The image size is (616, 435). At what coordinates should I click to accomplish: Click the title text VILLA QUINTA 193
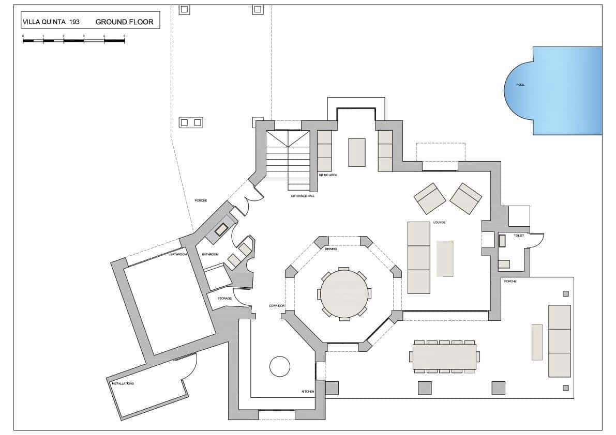[x=50, y=22]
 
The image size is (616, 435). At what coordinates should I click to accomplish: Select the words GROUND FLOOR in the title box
[x=124, y=22]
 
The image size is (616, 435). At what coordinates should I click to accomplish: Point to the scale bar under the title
[x=73, y=40]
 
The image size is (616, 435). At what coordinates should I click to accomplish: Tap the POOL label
[x=520, y=85]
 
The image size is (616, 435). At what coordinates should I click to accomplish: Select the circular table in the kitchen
[x=280, y=366]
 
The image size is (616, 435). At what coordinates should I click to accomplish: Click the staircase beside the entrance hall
[x=288, y=160]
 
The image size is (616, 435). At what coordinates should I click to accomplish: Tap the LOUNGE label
[x=439, y=223]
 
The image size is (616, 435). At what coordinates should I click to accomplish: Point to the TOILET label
[x=519, y=236]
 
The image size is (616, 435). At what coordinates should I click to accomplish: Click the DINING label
[x=331, y=249]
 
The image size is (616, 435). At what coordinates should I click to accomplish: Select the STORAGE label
[x=224, y=298]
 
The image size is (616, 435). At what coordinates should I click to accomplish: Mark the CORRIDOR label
[x=277, y=306]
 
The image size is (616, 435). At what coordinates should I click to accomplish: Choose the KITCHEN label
[x=308, y=392]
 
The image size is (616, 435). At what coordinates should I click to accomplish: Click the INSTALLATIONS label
[x=123, y=384]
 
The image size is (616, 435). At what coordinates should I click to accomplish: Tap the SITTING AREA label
[x=327, y=175]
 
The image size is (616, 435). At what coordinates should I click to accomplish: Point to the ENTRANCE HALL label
[x=303, y=196]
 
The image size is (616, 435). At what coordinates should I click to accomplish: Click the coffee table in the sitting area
[x=356, y=152]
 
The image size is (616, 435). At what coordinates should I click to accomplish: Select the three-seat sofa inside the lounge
[x=419, y=257]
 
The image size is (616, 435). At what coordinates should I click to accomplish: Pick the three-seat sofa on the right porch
[x=559, y=341]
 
